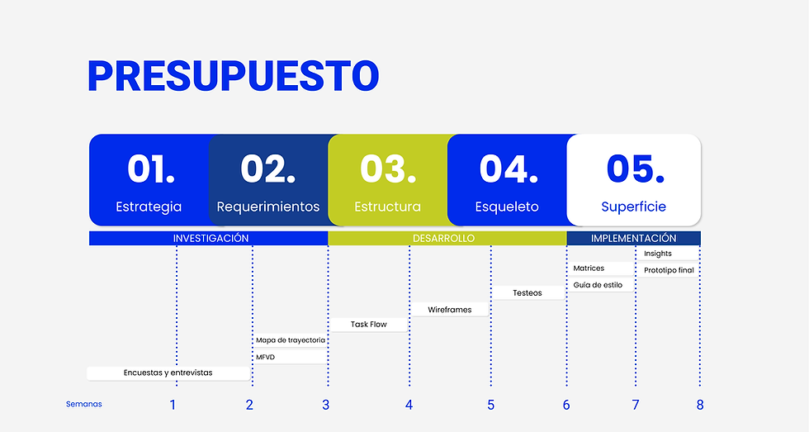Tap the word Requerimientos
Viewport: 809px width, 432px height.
[x=268, y=207]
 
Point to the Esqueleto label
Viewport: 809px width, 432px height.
[x=507, y=207]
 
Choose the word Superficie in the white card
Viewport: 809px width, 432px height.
[x=633, y=207]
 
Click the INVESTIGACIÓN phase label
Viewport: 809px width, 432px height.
[x=211, y=238]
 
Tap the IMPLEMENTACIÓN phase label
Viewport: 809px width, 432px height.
[x=633, y=238]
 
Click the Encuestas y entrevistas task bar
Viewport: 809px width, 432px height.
[x=168, y=373]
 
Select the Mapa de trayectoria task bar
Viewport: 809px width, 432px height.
[x=291, y=339]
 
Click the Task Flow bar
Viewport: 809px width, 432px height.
[x=368, y=325]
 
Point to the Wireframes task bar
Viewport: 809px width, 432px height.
[x=450, y=310]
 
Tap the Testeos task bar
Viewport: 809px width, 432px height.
[x=528, y=292]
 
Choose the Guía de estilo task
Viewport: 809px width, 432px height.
[x=599, y=285]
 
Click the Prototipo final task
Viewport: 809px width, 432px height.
[x=669, y=270]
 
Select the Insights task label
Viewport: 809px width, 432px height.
[x=659, y=254]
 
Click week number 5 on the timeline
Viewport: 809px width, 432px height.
[x=490, y=405]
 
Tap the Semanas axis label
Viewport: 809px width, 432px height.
[x=84, y=404]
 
